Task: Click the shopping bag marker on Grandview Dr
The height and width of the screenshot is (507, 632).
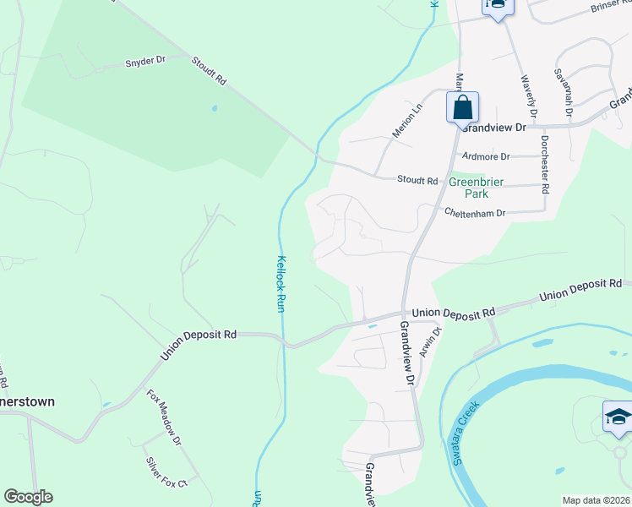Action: (x=462, y=108)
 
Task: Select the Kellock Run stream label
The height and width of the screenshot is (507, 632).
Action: (x=281, y=285)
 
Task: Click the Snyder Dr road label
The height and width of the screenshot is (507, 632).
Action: (x=145, y=62)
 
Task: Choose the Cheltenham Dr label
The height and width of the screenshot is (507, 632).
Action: (x=475, y=213)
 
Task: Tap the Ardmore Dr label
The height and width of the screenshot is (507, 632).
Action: (x=487, y=156)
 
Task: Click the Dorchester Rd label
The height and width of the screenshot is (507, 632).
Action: (x=545, y=164)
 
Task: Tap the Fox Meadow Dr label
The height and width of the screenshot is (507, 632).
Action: (x=164, y=417)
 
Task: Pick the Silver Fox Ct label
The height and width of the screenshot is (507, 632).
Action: (x=165, y=473)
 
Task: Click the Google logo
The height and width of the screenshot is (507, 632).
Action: (x=28, y=497)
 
